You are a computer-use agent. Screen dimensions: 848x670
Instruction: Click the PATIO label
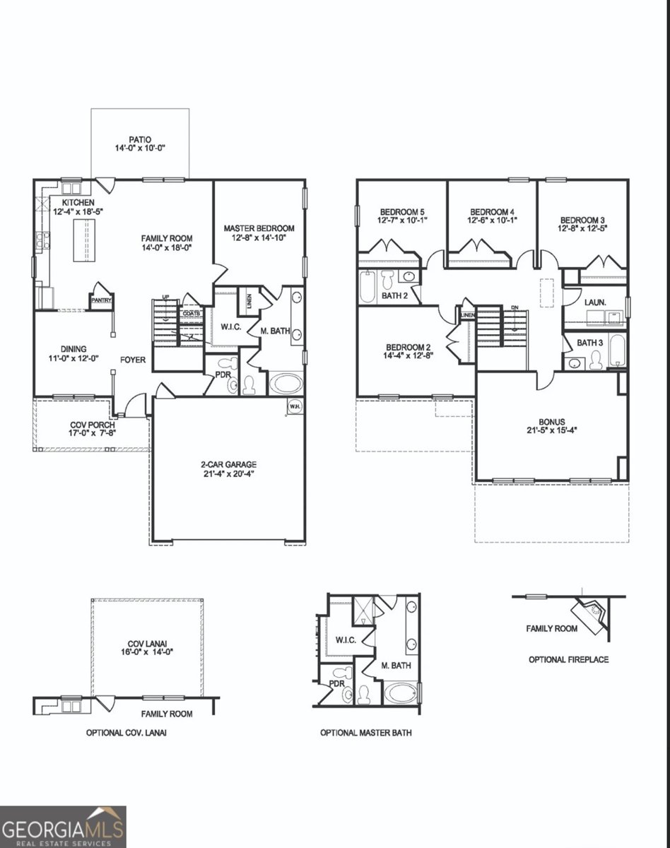(x=140, y=139)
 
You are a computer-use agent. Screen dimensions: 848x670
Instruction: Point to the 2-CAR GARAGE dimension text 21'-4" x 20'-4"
(x=228, y=474)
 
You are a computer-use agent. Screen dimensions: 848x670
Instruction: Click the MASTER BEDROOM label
(x=259, y=228)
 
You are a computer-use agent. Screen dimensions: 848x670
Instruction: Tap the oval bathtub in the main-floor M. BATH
(x=286, y=385)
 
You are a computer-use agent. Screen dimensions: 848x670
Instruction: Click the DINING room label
(x=73, y=348)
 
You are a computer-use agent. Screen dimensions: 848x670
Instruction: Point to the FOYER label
(x=133, y=360)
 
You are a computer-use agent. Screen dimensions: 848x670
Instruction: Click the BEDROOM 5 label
(x=402, y=211)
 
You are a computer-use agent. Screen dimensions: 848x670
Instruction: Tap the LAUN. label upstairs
(x=594, y=302)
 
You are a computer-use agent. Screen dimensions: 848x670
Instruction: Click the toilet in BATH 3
(x=596, y=360)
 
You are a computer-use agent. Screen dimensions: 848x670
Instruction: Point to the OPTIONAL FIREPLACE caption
(x=568, y=659)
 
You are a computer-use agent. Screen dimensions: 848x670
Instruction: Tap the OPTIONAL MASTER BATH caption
(x=365, y=733)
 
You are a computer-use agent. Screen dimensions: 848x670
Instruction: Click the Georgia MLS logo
(x=63, y=826)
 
